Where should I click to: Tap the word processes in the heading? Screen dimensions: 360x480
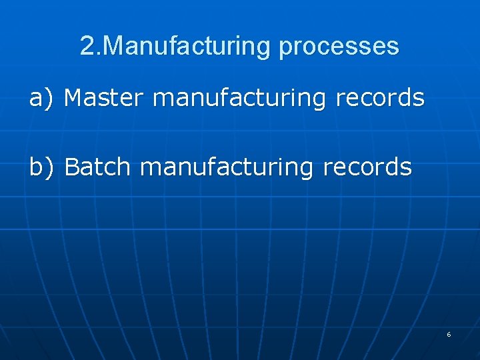click(339, 46)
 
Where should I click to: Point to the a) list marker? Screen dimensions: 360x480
click(40, 99)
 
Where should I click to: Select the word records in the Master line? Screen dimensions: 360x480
click(380, 98)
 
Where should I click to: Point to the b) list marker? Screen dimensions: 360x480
click(40, 167)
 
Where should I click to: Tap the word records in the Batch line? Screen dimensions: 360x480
click(367, 167)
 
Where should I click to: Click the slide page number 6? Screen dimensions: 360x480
click(449, 335)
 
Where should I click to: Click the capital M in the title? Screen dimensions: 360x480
click(115, 46)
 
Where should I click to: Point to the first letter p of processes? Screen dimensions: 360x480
click(285, 47)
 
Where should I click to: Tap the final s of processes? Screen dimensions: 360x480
click(393, 47)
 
